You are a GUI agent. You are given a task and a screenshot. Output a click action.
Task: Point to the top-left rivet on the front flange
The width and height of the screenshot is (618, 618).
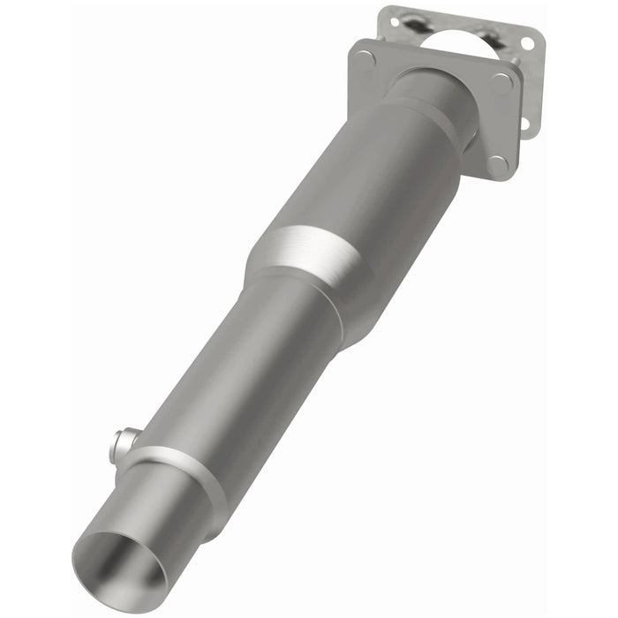pyautogui.click(x=366, y=59)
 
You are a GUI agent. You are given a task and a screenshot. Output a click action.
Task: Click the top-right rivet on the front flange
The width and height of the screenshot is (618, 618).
pyautogui.click(x=502, y=84)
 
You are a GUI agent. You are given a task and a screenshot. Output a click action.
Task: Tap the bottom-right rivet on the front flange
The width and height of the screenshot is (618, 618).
pyautogui.click(x=496, y=164)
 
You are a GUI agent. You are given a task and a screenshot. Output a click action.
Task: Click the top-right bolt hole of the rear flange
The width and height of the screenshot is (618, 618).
pyautogui.click(x=527, y=41)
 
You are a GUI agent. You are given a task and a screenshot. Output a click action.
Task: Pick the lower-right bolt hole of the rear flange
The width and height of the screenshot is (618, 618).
pyautogui.click(x=523, y=123)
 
